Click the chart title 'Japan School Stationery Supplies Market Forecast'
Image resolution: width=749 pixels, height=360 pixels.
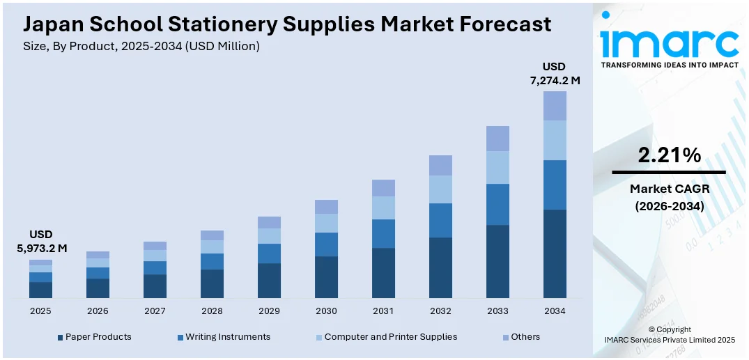click(287, 24)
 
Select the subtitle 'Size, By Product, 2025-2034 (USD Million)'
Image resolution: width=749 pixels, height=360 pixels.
click(141, 46)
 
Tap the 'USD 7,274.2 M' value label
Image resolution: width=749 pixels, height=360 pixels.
click(555, 73)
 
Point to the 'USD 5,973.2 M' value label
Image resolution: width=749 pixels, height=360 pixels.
click(41, 241)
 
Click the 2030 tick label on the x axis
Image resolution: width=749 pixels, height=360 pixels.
click(326, 311)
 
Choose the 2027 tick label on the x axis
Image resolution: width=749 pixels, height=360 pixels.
click(155, 311)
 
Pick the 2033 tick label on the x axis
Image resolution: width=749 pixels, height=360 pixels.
click(497, 311)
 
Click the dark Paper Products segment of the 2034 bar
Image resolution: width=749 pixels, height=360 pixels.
click(555, 253)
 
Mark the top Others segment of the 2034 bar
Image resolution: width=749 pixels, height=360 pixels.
click(555, 106)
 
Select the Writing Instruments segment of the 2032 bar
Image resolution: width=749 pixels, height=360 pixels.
click(440, 220)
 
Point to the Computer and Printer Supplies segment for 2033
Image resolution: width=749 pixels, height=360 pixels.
click(497, 167)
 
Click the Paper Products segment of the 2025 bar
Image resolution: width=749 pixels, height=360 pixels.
click(40, 290)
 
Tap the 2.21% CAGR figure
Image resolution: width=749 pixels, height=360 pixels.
click(669, 156)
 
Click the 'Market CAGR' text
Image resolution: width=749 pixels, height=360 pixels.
click(669, 189)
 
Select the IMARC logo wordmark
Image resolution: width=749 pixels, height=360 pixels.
click(669, 43)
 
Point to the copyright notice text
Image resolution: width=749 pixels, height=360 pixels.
click(669, 334)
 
